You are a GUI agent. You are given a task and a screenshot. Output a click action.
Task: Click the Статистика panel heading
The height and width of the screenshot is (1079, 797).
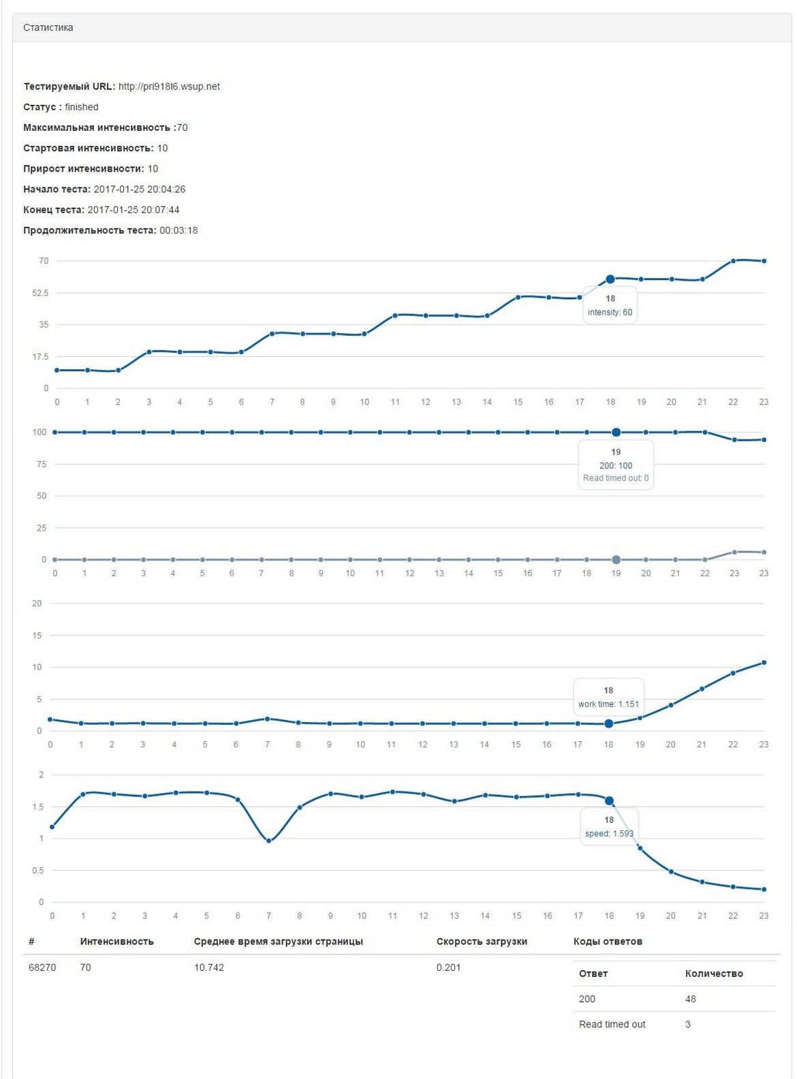click(x=48, y=28)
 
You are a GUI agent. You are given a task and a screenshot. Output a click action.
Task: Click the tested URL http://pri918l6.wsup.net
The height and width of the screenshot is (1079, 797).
click(x=169, y=87)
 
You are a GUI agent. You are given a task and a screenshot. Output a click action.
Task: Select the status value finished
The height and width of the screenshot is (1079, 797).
click(x=82, y=107)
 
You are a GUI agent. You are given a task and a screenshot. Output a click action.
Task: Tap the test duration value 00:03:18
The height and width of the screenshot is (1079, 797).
click(x=178, y=230)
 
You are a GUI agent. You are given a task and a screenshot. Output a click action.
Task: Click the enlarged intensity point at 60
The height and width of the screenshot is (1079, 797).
click(x=610, y=279)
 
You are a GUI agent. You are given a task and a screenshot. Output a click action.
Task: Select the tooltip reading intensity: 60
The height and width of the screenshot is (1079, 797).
click(x=610, y=312)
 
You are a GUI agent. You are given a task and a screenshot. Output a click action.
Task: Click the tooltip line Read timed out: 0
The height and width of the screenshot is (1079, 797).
click(x=616, y=478)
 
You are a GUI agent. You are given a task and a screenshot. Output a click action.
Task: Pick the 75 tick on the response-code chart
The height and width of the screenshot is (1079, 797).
click(x=42, y=465)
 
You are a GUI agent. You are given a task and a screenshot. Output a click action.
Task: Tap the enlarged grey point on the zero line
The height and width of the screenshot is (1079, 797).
click(x=616, y=560)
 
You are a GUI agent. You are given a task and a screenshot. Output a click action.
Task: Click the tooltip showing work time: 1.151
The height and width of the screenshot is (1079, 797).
click(x=608, y=704)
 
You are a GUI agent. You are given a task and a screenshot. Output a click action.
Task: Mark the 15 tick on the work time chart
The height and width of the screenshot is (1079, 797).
click(x=37, y=636)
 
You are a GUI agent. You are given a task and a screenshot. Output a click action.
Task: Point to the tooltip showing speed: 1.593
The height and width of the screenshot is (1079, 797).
click(x=609, y=833)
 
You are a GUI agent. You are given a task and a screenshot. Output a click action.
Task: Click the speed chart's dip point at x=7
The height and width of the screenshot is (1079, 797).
click(x=269, y=841)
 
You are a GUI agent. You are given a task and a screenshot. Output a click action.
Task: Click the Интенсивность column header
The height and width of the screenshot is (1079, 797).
click(x=116, y=941)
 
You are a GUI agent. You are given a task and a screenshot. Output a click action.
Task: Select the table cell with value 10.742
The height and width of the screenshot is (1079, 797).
click(x=209, y=967)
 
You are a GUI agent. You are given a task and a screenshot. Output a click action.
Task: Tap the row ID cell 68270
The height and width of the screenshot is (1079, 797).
click(x=42, y=967)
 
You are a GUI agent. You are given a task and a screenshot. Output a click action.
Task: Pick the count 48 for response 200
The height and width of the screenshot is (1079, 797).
click(x=691, y=999)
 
